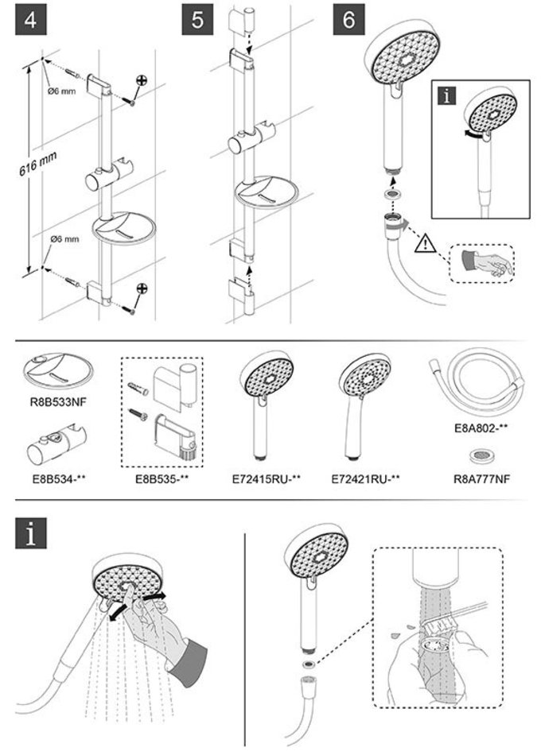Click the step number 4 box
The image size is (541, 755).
point(29,20)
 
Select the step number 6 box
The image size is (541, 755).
point(348,20)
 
